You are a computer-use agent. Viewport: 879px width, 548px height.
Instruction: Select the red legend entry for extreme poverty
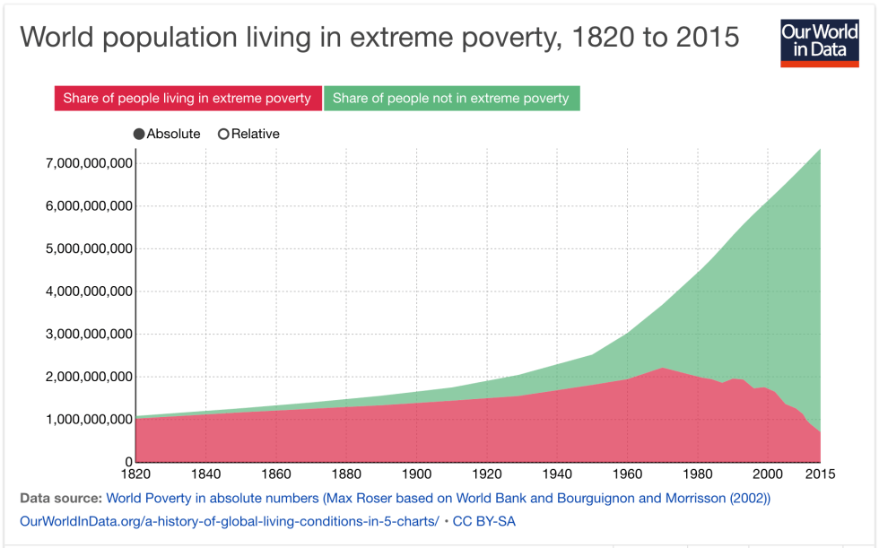[x=187, y=98]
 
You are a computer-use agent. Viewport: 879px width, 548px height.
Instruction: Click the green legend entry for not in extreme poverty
[x=450, y=98]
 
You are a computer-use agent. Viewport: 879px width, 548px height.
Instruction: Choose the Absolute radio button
[x=139, y=134]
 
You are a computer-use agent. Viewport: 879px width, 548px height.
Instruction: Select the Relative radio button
[x=223, y=134]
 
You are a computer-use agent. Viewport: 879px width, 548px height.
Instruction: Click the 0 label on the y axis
[x=128, y=462]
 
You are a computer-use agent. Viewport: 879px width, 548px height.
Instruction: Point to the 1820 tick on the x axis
[x=136, y=474]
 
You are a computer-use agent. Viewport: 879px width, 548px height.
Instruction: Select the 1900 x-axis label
[x=416, y=474]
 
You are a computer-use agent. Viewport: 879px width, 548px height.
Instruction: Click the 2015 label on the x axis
[x=820, y=474]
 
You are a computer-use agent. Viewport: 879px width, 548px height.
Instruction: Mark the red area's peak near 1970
[x=662, y=368]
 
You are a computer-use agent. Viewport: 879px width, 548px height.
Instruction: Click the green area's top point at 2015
[x=820, y=149]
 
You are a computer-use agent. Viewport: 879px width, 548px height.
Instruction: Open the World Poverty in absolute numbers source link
[x=438, y=497]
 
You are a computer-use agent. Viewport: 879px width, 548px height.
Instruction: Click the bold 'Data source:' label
[x=59, y=497]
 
